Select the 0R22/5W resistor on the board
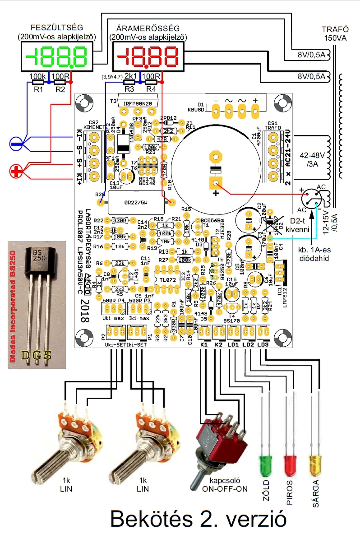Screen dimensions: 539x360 click(x=136, y=203)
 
